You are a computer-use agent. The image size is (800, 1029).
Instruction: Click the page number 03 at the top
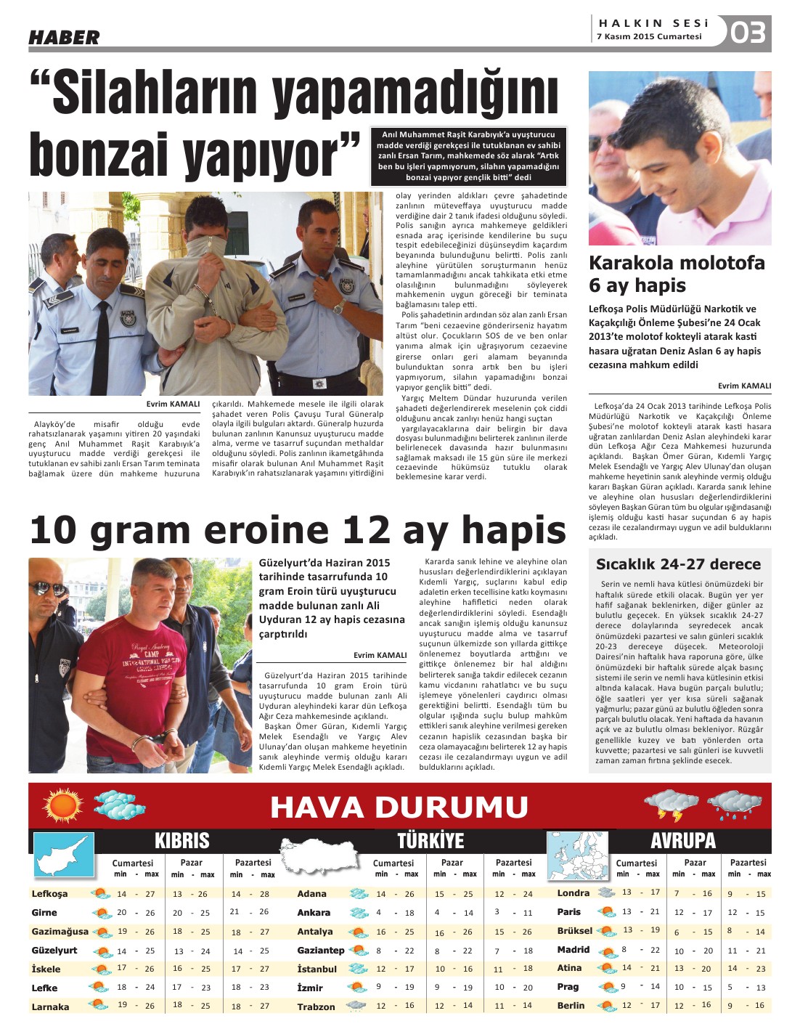coord(748,33)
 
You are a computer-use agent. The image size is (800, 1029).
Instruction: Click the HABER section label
coord(64,38)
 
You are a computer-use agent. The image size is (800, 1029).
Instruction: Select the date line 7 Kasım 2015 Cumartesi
coord(649,36)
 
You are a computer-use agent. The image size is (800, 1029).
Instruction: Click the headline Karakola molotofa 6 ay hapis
coord(677,274)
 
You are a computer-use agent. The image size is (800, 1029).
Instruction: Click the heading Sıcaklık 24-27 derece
coord(678,564)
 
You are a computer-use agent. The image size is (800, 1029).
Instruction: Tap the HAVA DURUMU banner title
coord(399,807)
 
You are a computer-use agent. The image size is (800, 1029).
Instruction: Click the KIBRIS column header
coord(181,841)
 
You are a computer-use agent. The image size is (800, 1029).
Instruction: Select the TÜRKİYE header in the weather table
coord(430,841)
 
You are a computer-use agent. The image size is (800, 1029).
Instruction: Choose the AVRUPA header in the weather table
coord(683,841)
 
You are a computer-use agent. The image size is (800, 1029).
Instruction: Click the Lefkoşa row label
coord(49,894)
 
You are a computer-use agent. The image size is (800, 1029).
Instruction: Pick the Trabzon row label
coord(316,1006)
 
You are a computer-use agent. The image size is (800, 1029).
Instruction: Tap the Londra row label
coord(574,892)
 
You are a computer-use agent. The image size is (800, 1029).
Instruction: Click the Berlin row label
coord(571,1005)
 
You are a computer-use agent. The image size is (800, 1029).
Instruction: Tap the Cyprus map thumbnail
coord(65,855)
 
